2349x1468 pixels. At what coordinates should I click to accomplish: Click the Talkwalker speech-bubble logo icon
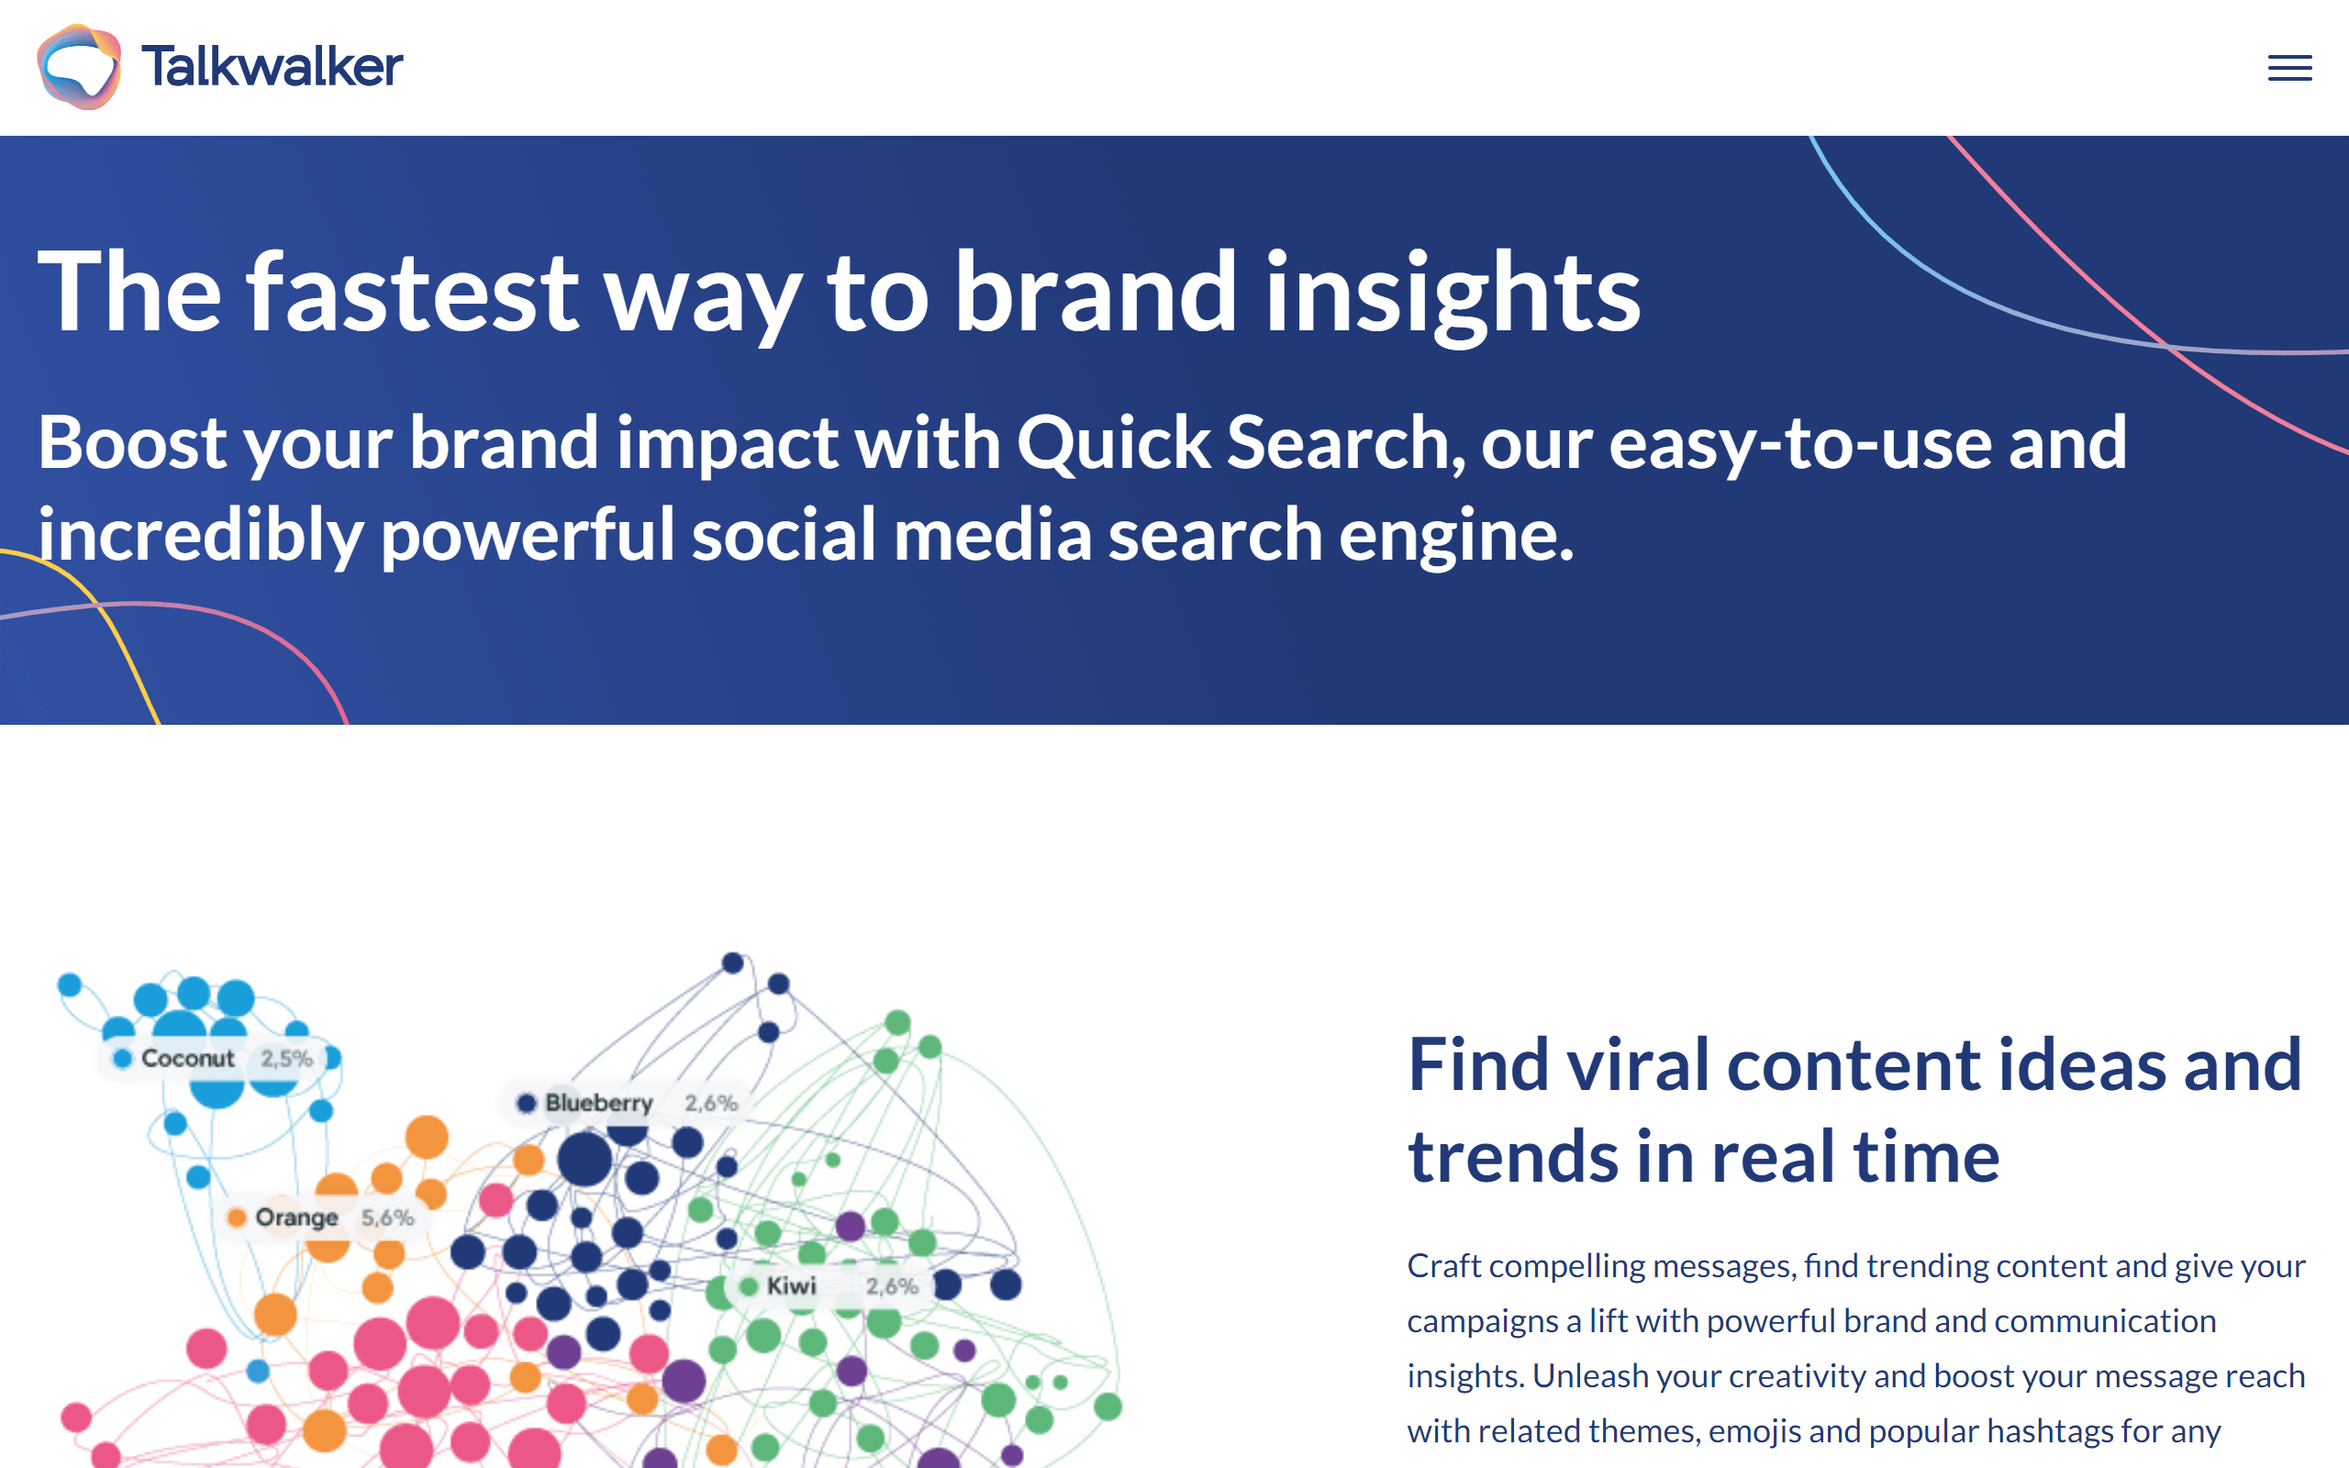point(80,67)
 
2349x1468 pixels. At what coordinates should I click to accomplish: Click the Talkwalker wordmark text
point(272,66)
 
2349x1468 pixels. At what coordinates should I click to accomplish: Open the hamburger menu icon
point(2289,68)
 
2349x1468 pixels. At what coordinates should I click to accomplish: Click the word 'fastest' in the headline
point(413,291)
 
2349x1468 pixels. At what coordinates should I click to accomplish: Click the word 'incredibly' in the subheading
point(200,536)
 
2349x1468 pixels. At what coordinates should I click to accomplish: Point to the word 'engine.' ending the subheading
point(1456,537)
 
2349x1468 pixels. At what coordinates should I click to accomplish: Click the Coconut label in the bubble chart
point(187,1058)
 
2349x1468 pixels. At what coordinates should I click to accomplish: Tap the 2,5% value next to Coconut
point(286,1058)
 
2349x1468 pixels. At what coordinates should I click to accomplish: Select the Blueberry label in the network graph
point(599,1103)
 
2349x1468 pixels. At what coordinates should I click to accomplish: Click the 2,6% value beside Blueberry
point(711,1103)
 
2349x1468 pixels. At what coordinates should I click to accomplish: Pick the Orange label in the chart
point(297,1218)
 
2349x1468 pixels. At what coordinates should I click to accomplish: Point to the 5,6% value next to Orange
point(387,1218)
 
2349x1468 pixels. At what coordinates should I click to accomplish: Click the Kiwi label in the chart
point(791,1286)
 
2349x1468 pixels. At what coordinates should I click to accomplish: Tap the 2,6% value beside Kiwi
point(892,1286)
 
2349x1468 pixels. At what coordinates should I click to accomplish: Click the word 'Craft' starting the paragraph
point(1444,1266)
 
